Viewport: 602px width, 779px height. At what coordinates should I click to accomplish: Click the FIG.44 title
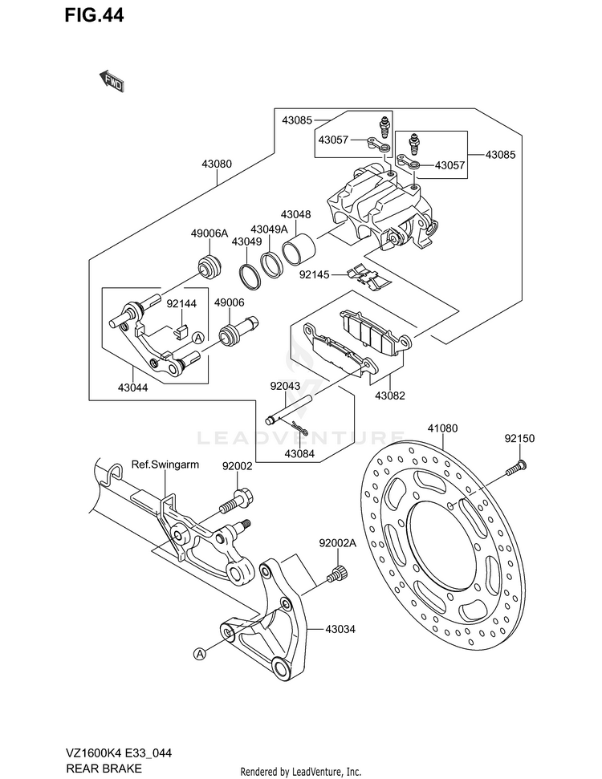click(x=94, y=15)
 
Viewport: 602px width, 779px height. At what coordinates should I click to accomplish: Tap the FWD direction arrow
click(x=112, y=81)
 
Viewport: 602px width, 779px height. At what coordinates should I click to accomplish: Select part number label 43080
click(x=217, y=164)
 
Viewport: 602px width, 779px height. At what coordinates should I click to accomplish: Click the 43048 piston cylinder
click(x=299, y=247)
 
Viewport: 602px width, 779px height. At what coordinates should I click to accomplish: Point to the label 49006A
click(x=209, y=233)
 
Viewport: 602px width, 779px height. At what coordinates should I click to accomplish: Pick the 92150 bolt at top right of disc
click(x=516, y=468)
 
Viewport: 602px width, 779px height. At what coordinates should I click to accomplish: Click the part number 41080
click(x=442, y=428)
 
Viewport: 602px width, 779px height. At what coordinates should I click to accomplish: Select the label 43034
click(x=340, y=629)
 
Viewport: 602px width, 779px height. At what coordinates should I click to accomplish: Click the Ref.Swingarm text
click(x=165, y=465)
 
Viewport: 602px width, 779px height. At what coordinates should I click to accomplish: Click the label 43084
click(x=299, y=453)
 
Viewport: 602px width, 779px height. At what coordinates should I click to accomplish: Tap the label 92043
click(x=285, y=385)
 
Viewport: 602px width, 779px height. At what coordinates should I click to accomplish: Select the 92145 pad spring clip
click(x=369, y=276)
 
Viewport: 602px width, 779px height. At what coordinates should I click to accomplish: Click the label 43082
click(x=390, y=396)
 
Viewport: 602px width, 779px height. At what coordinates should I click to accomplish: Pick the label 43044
click(x=132, y=387)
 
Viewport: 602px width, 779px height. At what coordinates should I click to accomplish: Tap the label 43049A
click(x=269, y=229)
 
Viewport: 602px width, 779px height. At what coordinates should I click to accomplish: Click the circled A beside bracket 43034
click(x=199, y=655)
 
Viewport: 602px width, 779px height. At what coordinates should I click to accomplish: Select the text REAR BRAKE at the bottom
click(x=104, y=768)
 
